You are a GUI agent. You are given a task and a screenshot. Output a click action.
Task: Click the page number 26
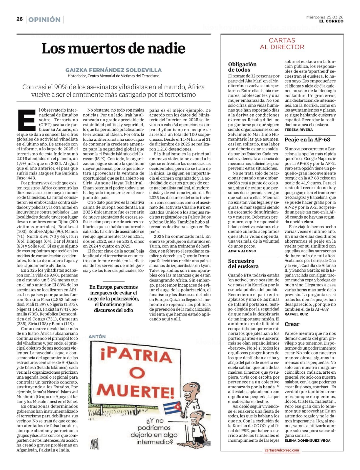[x=19, y=19]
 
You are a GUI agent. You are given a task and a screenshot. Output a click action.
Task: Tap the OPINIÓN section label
[x=44, y=20]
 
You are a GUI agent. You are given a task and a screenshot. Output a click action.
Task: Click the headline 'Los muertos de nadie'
[x=113, y=48]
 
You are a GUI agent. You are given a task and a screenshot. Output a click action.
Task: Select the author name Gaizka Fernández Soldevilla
[x=113, y=70]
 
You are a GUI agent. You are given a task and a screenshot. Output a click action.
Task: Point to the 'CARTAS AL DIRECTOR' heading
[x=282, y=43]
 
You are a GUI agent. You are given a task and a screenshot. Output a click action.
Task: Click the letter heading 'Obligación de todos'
[x=242, y=67]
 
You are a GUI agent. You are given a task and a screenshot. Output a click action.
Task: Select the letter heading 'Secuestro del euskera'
[x=243, y=263]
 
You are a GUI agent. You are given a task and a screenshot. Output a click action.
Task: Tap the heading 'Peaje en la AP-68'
[x=307, y=140]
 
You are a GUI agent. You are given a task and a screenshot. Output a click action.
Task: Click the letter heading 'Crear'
[x=292, y=324]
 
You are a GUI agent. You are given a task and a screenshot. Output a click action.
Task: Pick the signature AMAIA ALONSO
[x=242, y=251]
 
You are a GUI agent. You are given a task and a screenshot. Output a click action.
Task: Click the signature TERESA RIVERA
[x=299, y=130]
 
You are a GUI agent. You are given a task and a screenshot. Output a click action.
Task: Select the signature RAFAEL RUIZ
[x=296, y=314]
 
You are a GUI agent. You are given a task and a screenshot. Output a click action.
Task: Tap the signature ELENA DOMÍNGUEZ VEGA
[x=307, y=440]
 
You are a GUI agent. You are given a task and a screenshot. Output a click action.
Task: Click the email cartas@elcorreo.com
[x=282, y=450]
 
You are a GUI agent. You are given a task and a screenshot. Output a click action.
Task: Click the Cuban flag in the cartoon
[x=172, y=407]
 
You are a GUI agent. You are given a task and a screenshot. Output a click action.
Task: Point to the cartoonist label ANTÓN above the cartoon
[x=97, y=337]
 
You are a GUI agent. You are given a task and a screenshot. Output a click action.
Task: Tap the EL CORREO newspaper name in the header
[x=331, y=21]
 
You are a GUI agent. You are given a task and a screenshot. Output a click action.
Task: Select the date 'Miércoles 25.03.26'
[x=325, y=17]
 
